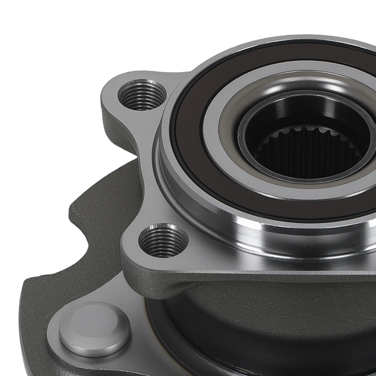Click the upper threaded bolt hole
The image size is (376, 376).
coord(142,94)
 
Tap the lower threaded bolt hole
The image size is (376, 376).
coord(163,240)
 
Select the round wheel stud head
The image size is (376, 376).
coord(94,329)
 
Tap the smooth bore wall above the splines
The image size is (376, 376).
coord(301,113)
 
